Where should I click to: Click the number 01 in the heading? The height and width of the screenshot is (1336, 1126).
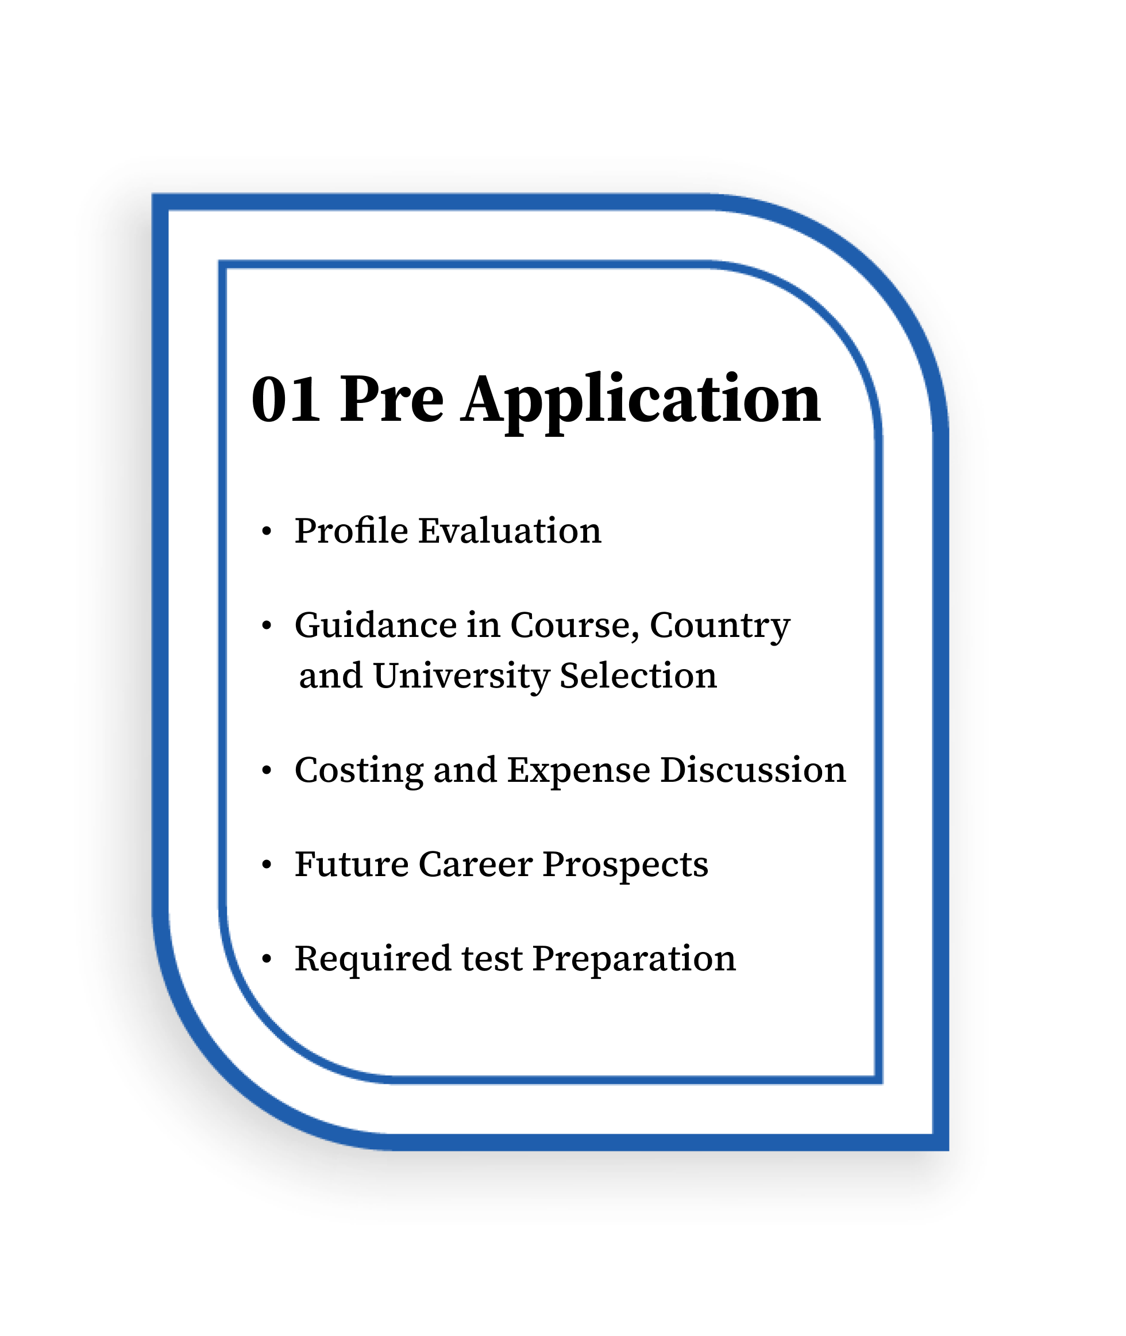click(x=286, y=399)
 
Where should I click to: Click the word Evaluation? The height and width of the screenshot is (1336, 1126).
click(x=510, y=530)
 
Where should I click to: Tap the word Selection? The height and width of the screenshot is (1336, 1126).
click(x=638, y=675)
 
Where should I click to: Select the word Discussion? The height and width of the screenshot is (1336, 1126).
click(x=753, y=770)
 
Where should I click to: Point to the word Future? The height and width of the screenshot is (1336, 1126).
click(x=352, y=864)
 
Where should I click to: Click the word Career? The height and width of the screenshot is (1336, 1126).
click(x=476, y=864)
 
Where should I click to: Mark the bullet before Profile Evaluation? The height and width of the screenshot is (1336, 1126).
click(x=267, y=531)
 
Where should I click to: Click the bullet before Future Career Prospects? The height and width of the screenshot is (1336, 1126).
click(x=267, y=865)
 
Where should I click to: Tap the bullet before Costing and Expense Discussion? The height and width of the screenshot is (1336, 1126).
click(x=267, y=771)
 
